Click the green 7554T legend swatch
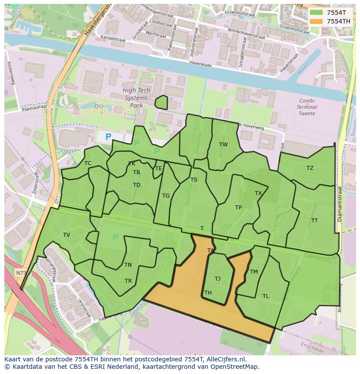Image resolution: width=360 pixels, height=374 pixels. coord(317,13)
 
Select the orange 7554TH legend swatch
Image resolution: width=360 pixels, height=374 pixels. coord(317,21)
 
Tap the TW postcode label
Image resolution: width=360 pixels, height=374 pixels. coord(223,145)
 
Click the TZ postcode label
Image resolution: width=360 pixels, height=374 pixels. coord(310,168)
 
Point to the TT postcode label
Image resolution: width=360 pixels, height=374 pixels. coord(314,221)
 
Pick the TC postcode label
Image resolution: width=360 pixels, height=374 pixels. coord(88,163)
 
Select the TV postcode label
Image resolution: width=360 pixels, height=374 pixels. coord(67,235)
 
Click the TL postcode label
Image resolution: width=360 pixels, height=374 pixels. coord(266,296)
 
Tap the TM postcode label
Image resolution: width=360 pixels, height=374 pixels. coord(254,272)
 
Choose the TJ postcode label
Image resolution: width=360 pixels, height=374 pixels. coord(217,279)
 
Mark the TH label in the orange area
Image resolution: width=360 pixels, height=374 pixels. coord(208,293)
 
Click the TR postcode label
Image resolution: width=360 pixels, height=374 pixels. coord(128,281)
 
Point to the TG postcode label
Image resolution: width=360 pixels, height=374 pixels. coord(166,196)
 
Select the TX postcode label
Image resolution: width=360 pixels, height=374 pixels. coord(258,193)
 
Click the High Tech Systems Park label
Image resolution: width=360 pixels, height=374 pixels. coord(136,98)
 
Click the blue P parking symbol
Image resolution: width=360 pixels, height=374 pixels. coord(108,137)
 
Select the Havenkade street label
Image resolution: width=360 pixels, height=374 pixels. coord(201,63)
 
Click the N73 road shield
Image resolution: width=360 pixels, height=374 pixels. coord(20,273)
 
